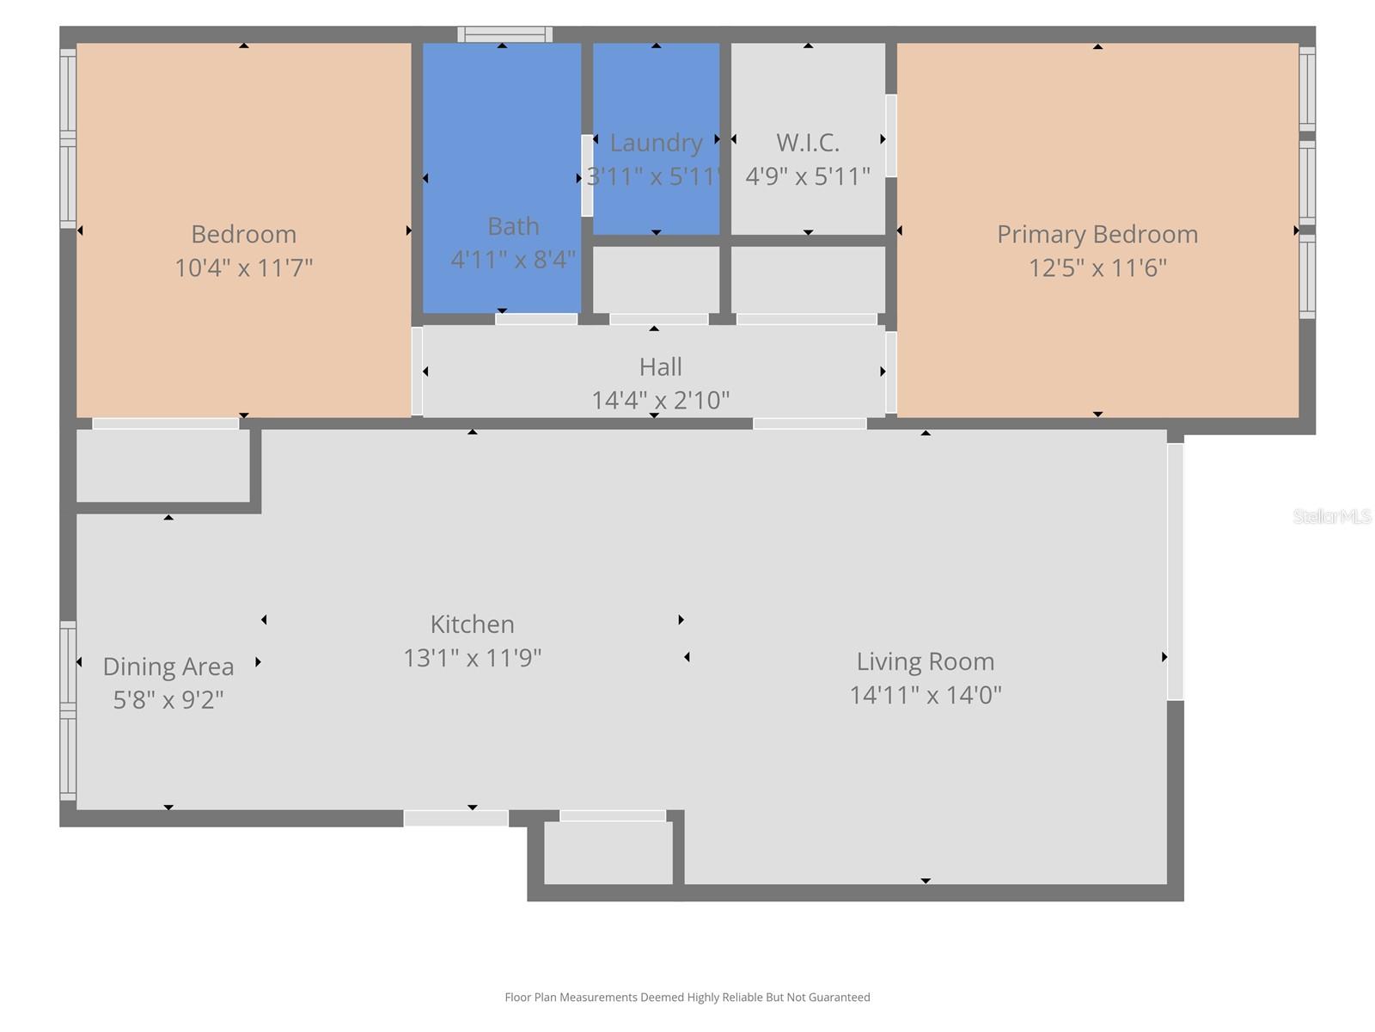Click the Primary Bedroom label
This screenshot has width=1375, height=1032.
[x=1097, y=234]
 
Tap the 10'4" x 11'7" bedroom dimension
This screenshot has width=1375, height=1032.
[x=243, y=267]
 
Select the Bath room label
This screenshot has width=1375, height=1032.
[x=513, y=226]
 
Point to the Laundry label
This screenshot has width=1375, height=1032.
[x=656, y=143]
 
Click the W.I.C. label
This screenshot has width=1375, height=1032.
[x=807, y=143]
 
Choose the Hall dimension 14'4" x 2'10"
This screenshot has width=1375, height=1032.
[x=660, y=400]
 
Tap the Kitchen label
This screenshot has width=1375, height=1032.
[x=472, y=623]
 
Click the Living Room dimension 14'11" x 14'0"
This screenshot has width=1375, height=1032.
[x=925, y=695]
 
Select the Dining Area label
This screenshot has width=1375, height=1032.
[x=168, y=666]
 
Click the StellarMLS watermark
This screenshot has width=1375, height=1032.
[x=1331, y=516]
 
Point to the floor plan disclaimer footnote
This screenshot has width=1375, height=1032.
[x=687, y=998]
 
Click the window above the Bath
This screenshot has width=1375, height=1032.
[x=504, y=34]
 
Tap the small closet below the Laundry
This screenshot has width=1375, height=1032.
[x=656, y=279]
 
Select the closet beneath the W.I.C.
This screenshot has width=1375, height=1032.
[x=807, y=279]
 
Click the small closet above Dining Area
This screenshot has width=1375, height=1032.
[x=162, y=465]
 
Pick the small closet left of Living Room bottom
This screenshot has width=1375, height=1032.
[x=608, y=853]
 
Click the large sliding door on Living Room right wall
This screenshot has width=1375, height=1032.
[x=1175, y=571]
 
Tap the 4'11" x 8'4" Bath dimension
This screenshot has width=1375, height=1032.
[x=513, y=260]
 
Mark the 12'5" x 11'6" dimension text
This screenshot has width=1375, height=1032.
[x=1097, y=267]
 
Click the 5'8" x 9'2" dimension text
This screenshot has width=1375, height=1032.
[x=168, y=700]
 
